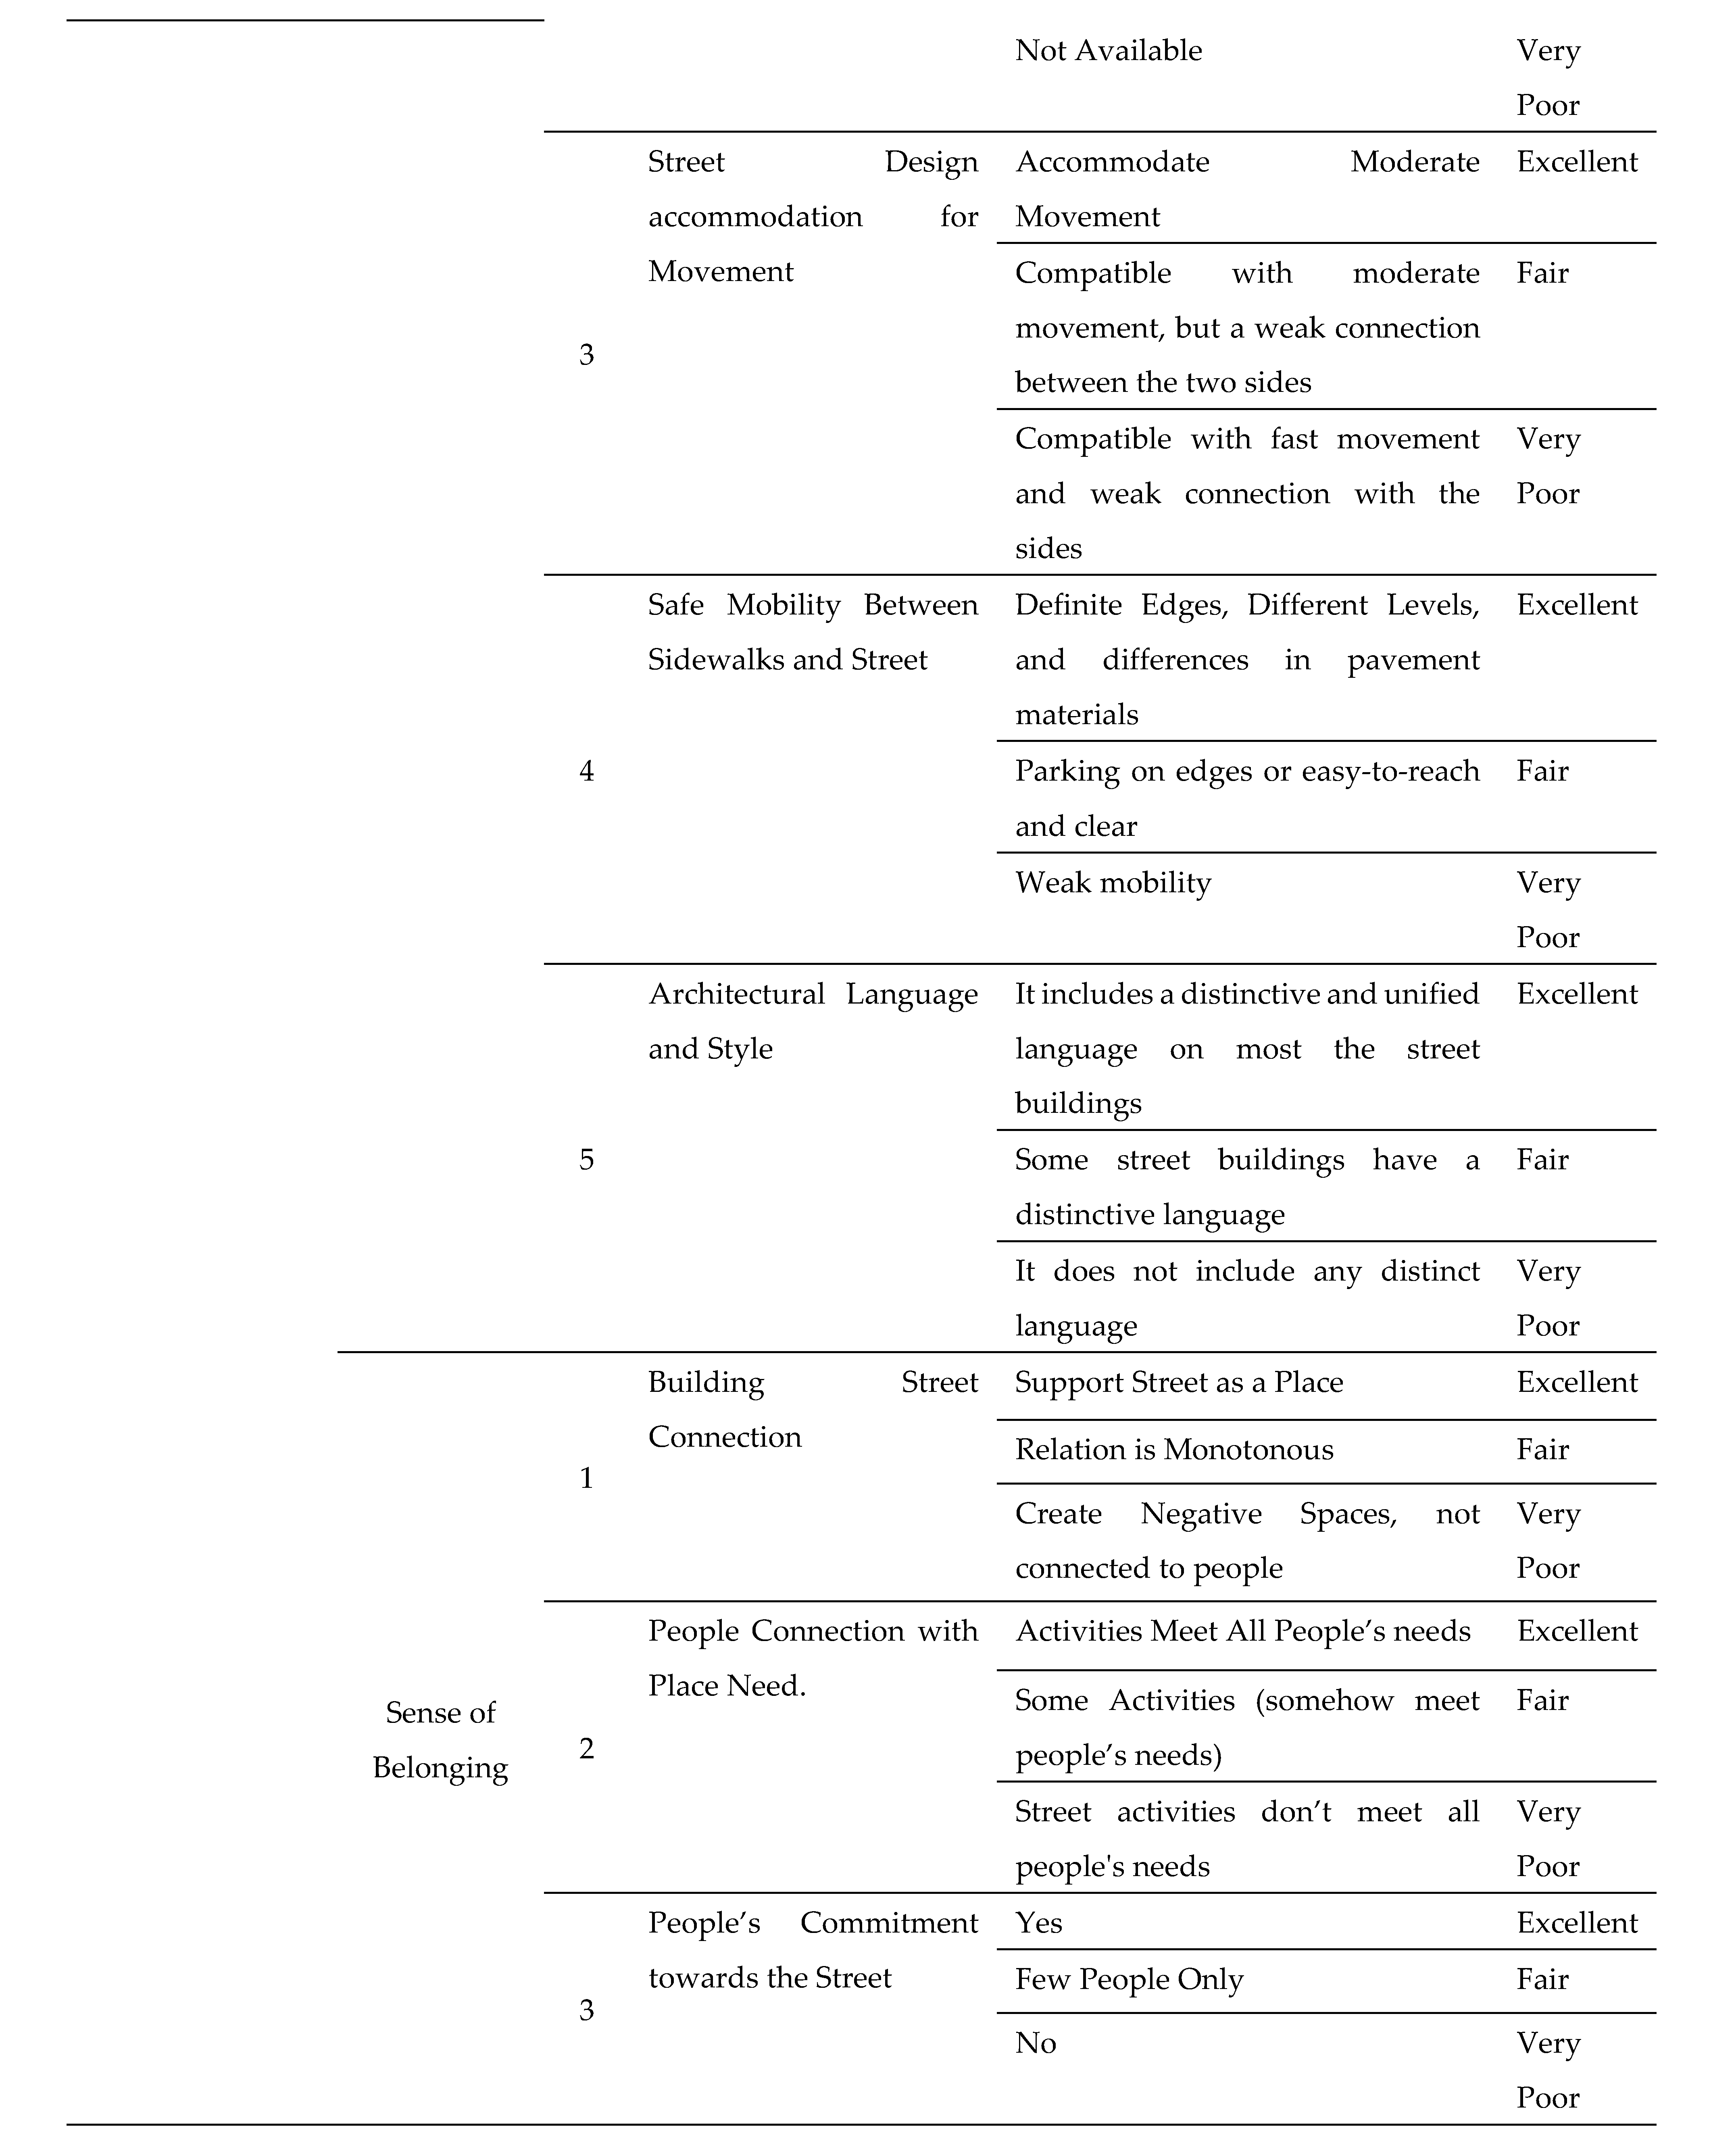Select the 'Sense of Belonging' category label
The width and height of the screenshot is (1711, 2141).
pos(440,1740)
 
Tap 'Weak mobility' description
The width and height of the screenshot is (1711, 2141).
pos(1112,883)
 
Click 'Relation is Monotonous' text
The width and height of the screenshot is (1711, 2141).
pos(1174,1450)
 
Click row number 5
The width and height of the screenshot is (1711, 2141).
pos(586,1160)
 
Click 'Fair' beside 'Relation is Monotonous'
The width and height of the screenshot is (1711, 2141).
pos(1542,1450)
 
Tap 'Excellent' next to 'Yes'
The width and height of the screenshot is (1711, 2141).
pos(1576,1922)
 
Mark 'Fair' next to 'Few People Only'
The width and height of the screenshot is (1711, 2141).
pos(1542,1979)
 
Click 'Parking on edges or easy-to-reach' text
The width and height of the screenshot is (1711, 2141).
pos(1246,772)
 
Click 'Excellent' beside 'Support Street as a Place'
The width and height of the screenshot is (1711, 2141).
pos(1576,1382)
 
